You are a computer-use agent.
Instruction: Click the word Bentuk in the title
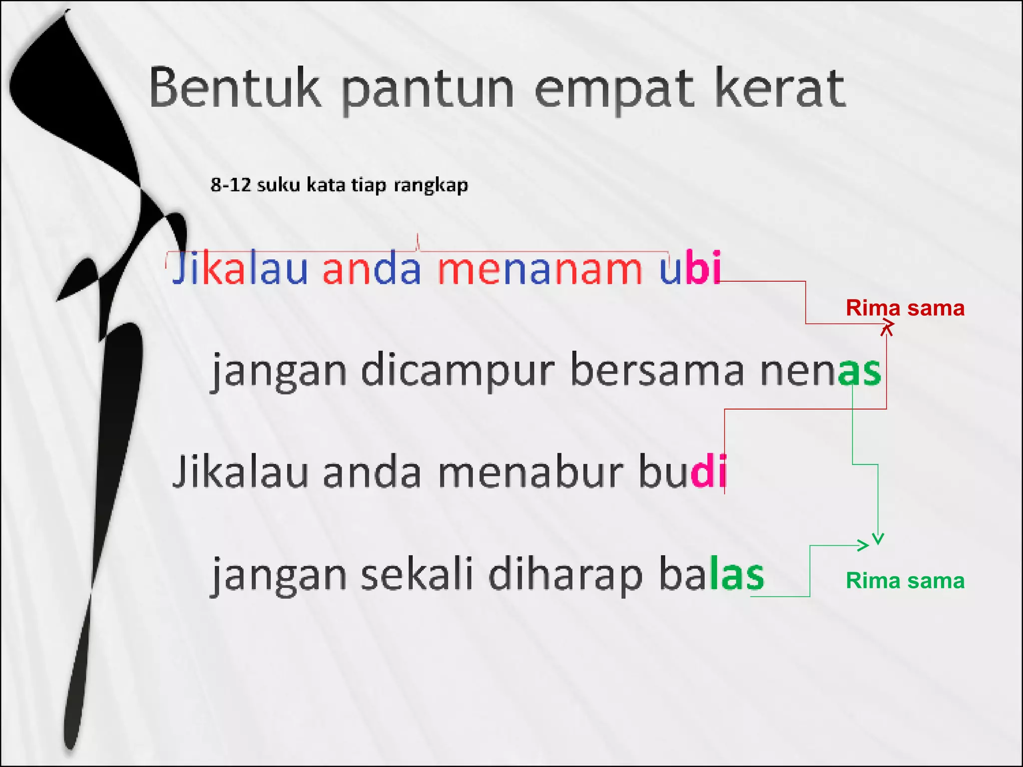[235, 89]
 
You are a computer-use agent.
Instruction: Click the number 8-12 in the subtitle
[230, 185]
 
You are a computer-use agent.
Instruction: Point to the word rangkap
[431, 186]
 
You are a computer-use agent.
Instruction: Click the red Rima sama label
[905, 308]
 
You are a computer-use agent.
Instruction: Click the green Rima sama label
[905, 581]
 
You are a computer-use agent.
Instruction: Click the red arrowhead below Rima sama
[887, 328]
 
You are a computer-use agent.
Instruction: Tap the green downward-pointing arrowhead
[878, 539]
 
